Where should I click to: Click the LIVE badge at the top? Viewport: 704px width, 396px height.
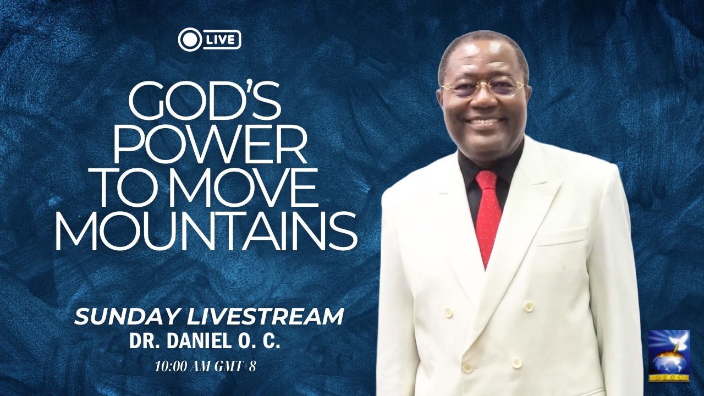click(210, 40)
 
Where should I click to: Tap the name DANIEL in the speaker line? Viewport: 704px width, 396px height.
click(195, 340)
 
